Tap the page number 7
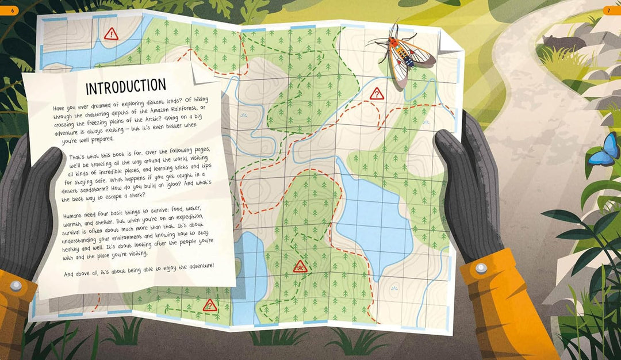click(x=611, y=10)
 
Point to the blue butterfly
click(x=603, y=151)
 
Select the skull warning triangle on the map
click(x=300, y=266)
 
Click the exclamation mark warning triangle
click(x=110, y=35)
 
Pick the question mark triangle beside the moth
click(x=377, y=93)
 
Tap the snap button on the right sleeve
click(x=481, y=268)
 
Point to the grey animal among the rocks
click(x=557, y=43)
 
